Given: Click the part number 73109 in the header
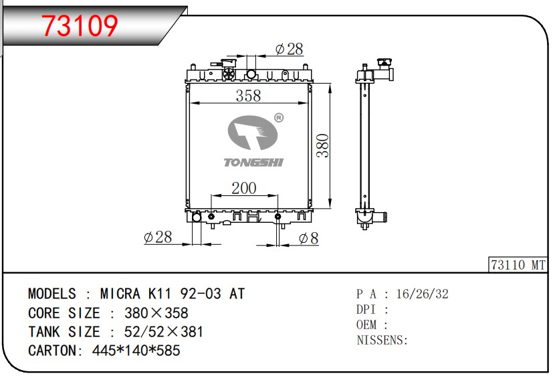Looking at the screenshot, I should (80, 25).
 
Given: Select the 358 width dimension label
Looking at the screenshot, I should (247, 96).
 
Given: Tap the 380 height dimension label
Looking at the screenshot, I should (322, 145).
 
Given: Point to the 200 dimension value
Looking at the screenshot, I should (243, 188).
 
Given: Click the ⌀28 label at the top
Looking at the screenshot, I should (289, 49).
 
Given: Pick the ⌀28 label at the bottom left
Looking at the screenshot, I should (158, 238).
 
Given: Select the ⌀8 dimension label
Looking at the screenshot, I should (308, 238).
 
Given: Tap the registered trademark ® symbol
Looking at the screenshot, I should (279, 118).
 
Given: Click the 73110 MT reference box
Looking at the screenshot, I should (518, 265).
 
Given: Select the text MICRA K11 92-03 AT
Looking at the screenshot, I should (173, 294).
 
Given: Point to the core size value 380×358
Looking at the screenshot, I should (148, 313).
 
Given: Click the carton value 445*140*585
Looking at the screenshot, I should (135, 351).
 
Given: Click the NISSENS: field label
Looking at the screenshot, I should (382, 340).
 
